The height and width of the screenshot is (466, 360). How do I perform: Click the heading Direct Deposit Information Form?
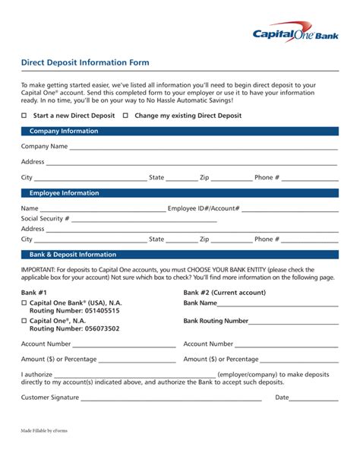85,62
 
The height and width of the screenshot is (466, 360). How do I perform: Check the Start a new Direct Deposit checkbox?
24,116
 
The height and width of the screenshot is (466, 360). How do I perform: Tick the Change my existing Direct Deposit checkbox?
128,116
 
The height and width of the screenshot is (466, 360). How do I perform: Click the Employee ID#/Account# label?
204,208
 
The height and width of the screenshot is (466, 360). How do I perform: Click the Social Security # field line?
144,220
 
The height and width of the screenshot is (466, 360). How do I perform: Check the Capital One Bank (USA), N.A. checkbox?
24,303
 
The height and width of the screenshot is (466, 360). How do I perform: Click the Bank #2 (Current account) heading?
225,293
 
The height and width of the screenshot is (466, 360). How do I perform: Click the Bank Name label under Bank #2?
201,303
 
